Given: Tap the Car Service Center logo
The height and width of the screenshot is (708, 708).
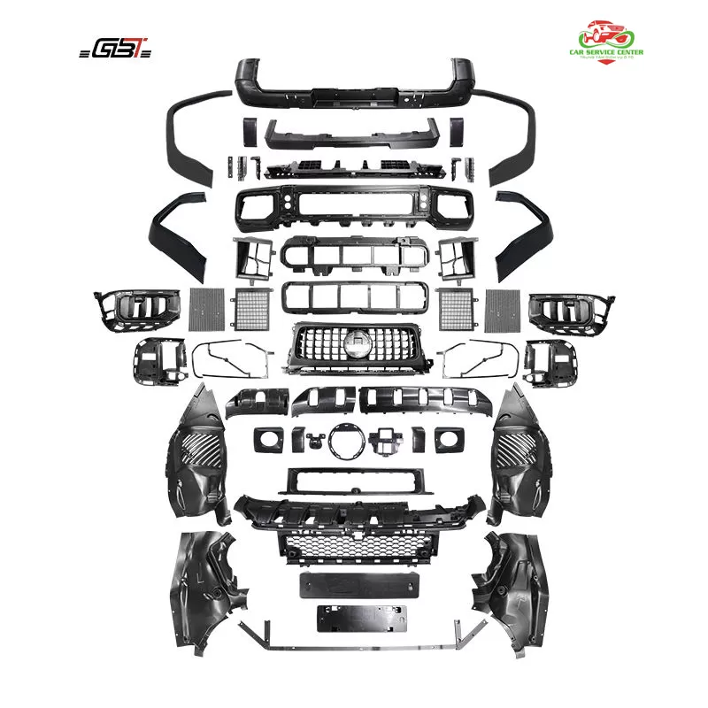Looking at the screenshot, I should (606, 44).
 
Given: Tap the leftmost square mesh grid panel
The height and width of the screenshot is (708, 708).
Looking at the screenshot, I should (210, 307).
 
